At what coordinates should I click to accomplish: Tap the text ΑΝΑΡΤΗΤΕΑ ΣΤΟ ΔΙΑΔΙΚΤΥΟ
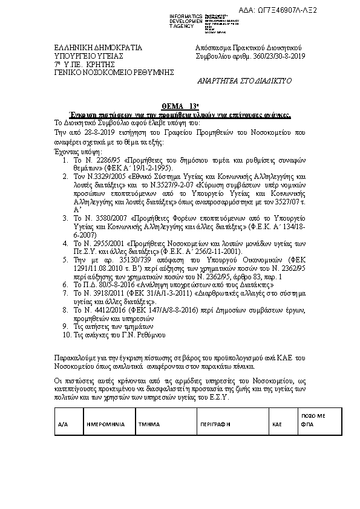245,80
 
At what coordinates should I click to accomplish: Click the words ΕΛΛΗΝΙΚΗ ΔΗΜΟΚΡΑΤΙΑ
89,48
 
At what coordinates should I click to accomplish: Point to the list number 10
67,334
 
